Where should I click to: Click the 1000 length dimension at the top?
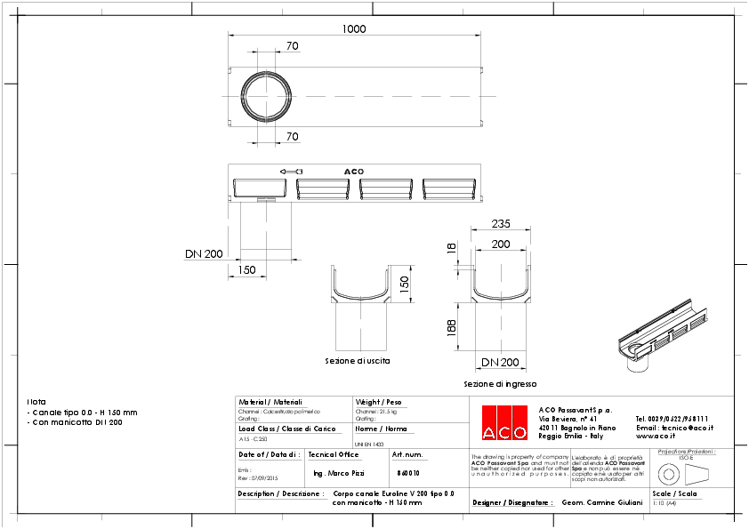click(x=354, y=29)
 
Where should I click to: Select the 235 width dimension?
click(x=501, y=225)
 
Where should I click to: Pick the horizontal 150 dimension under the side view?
click(x=246, y=269)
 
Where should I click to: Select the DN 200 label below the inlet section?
click(x=500, y=363)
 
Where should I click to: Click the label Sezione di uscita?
click(x=357, y=362)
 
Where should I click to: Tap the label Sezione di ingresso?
click(x=500, y=384)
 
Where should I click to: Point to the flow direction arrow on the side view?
click(x=290, y=172)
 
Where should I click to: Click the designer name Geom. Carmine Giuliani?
click(x=602, y=502)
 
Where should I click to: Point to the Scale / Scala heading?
click(x=672, y=493)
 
